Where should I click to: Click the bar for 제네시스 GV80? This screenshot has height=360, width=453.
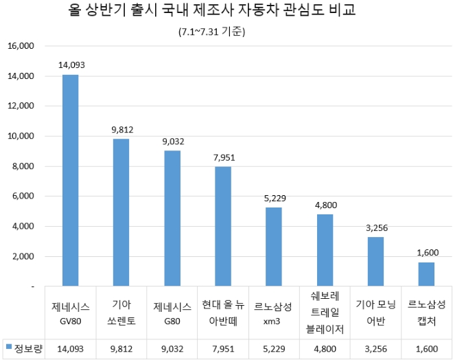click(70, 179)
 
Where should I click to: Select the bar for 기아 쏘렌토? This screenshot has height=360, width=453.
click(121, 212)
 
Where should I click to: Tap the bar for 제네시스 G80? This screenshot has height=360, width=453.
click(172, 218)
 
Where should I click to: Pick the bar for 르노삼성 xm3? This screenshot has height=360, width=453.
click(273, 246)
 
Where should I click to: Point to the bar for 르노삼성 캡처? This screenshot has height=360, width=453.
click(426, 273)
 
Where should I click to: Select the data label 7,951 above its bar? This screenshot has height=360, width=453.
click(222, 157)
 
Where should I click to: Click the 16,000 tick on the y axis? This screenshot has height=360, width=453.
click(21, 47)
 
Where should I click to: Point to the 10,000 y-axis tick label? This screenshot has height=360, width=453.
click(21, 137)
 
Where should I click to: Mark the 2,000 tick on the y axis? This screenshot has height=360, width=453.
click(23, 256)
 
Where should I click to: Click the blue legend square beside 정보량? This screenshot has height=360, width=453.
click(8, 348)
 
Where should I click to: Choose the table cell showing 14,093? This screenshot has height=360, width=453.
click(70, 348)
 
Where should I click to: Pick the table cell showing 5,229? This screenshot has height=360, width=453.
click(273, 348)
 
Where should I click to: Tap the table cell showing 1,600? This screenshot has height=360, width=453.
click(426, 348)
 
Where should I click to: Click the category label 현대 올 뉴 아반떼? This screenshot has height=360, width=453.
click(222, 311)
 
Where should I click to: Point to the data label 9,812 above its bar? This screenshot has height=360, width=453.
click(121, 129)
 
